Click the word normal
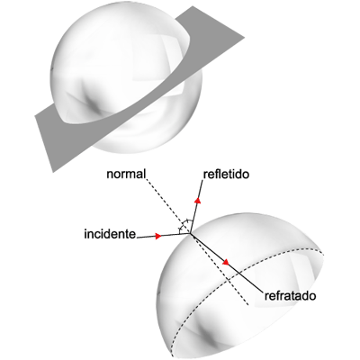pos(126,175)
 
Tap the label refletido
pos(226,175)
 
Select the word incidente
pos(110,234)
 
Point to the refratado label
pos(290,296)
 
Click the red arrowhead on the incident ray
pos(158,236)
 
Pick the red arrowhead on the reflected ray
pos(198,200)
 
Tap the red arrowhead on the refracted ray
pos(226,262)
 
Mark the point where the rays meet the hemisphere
pos(190,233)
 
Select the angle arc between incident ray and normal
pos(181,229)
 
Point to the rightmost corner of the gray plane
pos(245,38)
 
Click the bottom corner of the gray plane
pos(53,172)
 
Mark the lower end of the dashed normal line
pos(248,305)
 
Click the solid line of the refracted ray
pos(227,262)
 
